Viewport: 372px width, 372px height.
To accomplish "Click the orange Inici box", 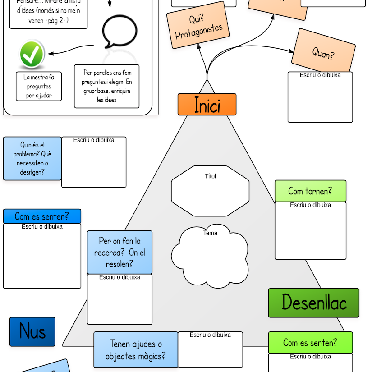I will pyautogui.click(x=207, y=105).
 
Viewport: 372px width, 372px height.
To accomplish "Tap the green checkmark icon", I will pyautogui.click(x=32, y=55).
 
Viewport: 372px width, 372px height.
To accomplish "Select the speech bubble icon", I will pyautogui.click(x=119, y=32).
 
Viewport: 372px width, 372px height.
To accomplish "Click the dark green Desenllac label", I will pyautogui.click(x=314, y=303).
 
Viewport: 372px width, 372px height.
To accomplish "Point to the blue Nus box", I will pyautogui.click(x=32, y=332).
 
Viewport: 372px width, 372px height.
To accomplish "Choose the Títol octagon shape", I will pyautogui.click(x=210, y=191).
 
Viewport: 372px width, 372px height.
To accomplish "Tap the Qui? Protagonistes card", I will pyautogui.click(x=197, y=26).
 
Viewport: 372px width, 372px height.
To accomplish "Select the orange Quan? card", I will pyautogui.click(x=324, y=52).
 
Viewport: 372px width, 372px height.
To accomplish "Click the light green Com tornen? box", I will pyautogui.click(x=310, y=191).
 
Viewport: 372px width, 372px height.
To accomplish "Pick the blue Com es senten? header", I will pyautogui.click(x=42, y=216).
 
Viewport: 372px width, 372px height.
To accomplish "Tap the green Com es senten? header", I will pyautogui.click(x=310, y=343).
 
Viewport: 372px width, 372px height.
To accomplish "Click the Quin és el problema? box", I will pyautogui.click(x=32, y=158).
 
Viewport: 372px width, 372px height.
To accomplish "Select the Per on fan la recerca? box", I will pyautogui.click(x=119, y=253).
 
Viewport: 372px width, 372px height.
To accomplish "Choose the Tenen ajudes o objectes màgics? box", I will pyautogui.click(x=136, y=350).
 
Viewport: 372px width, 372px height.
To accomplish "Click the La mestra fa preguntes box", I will pyautogui.click(x=39, y=87).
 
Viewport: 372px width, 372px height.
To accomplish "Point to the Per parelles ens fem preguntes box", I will pyautogui.click(x=107, y=86).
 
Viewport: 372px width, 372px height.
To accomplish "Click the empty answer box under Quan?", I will pyautogui.click(x=320, y=99).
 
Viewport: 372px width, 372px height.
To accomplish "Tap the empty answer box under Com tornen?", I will pyautogui.click(x=311, y=232).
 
